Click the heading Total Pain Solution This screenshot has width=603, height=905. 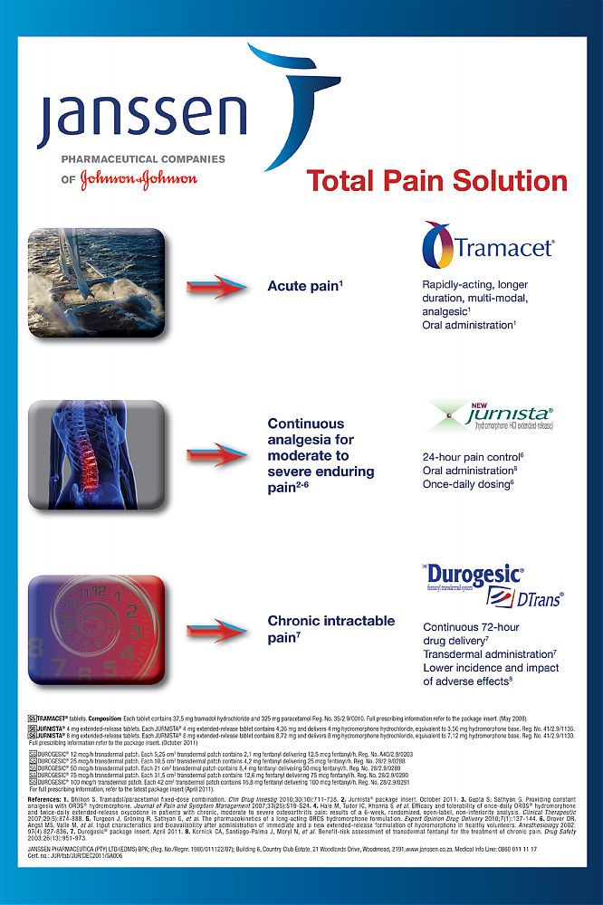point(437,180)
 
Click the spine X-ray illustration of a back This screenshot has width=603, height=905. point(96,453)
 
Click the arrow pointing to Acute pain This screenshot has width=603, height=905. point(216,286)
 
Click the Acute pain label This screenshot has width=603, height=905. point(303,286)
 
